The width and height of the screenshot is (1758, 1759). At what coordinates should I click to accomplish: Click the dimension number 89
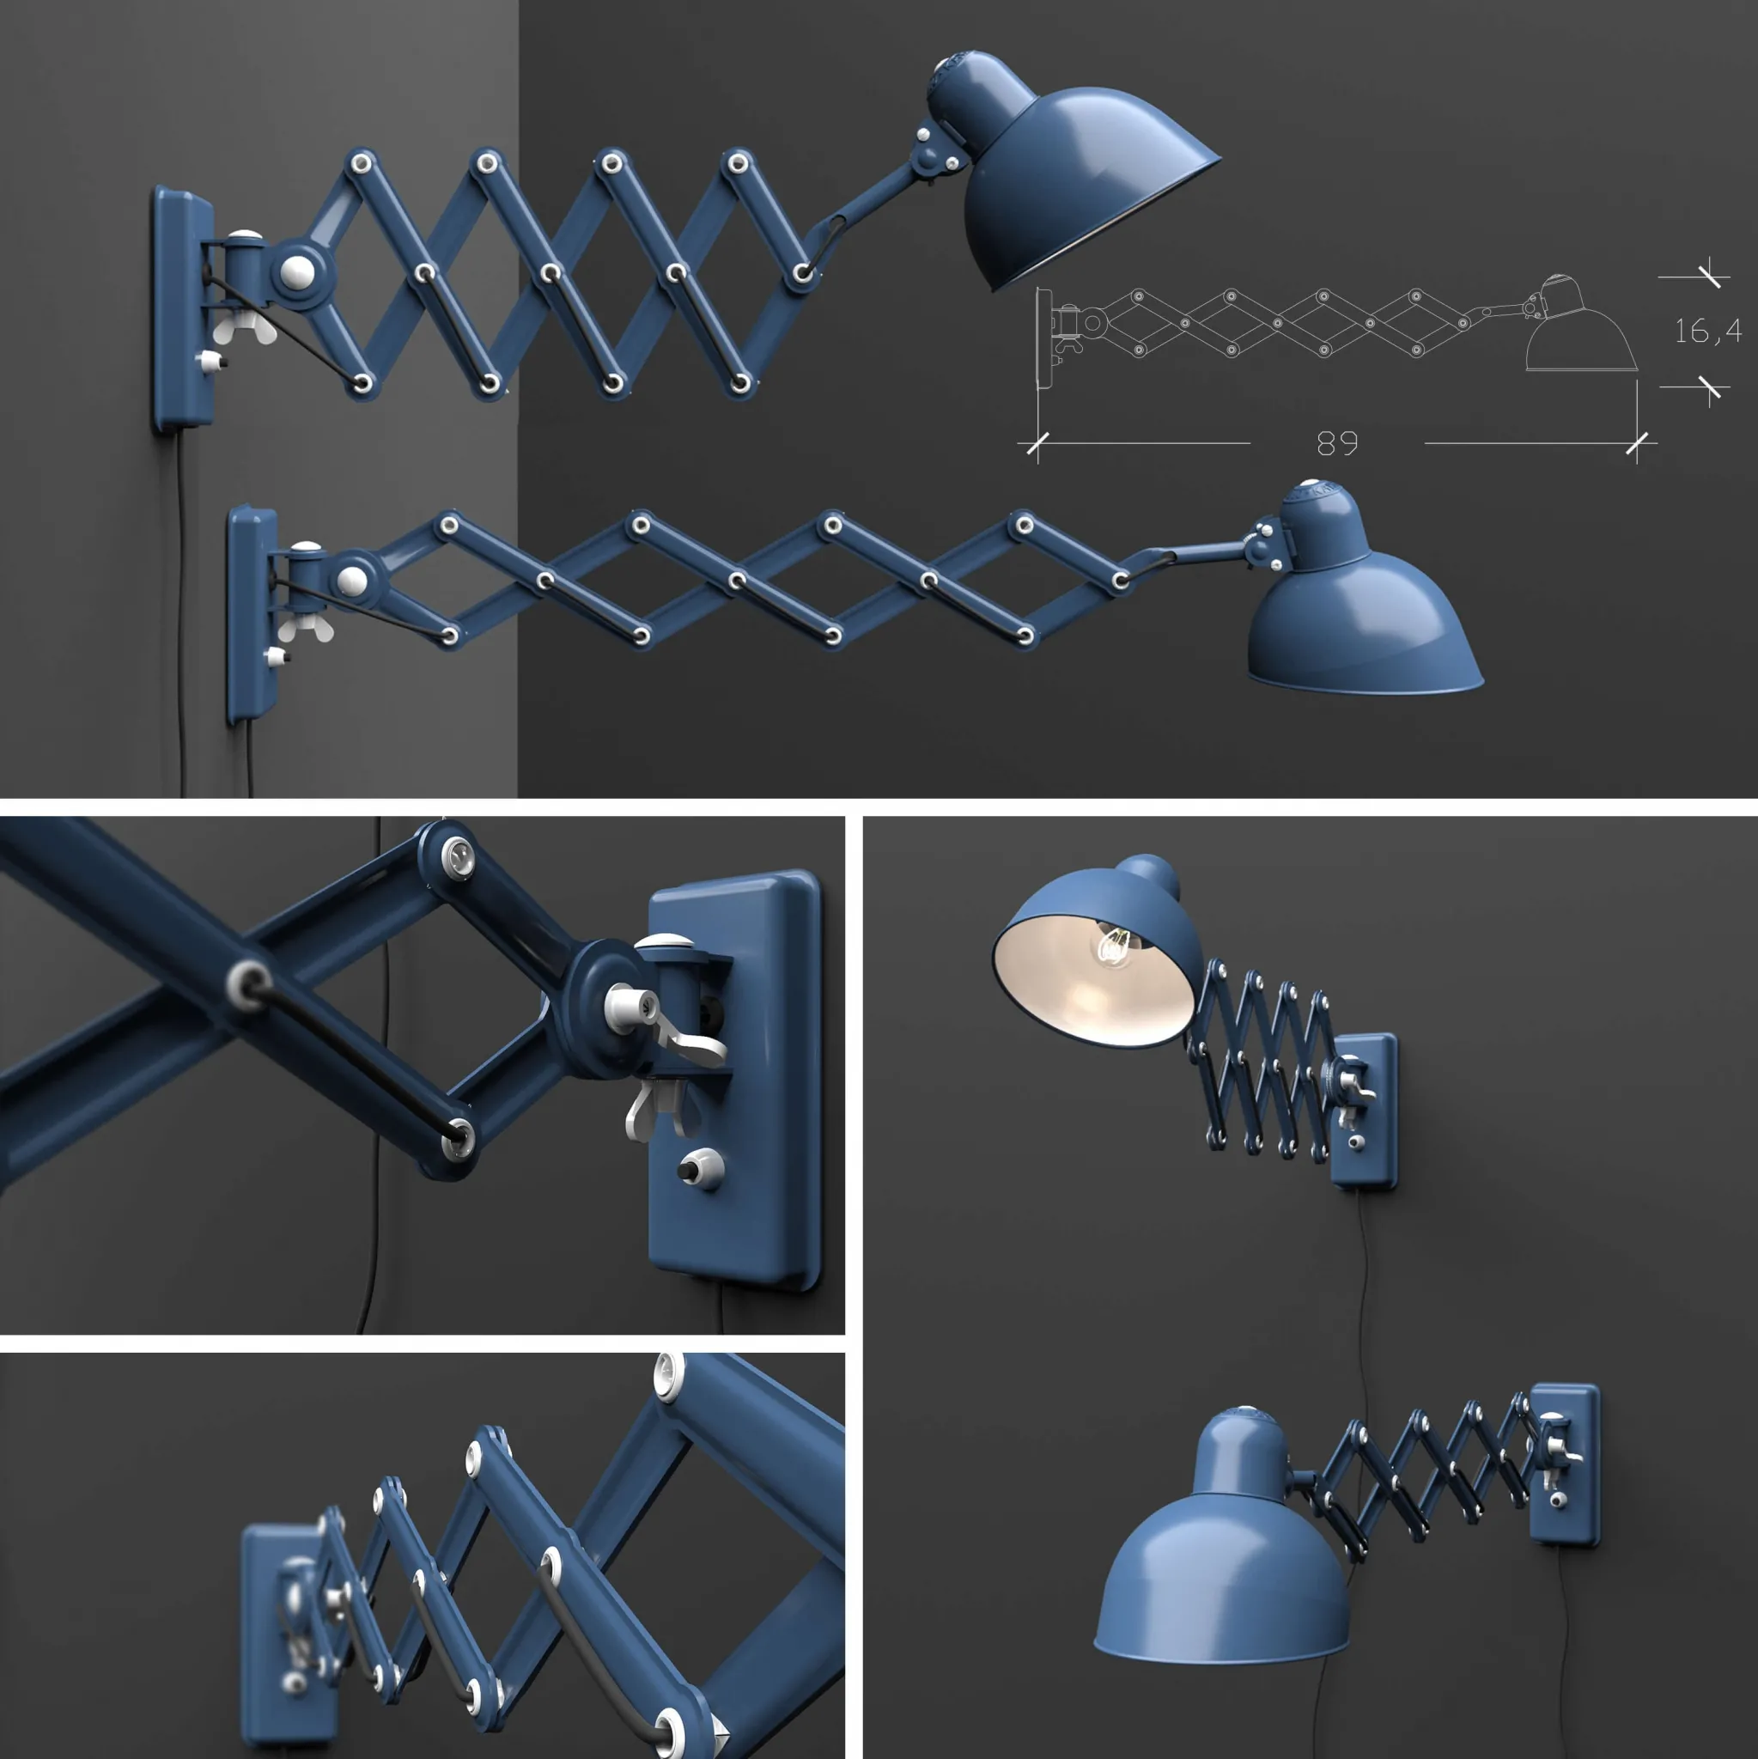coord(1336,443)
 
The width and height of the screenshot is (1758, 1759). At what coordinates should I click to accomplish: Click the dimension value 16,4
coord(1708,332)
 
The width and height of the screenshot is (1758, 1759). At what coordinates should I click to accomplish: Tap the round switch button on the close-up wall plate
coord(699,1167)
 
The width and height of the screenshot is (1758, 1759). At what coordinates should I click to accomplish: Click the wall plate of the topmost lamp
coord(180,309)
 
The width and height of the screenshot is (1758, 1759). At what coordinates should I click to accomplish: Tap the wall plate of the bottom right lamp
coord(1564,1466)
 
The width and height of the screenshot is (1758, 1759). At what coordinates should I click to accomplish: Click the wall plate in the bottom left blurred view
coord(273,1639)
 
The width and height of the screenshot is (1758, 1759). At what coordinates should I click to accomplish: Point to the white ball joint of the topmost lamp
coord(297,271)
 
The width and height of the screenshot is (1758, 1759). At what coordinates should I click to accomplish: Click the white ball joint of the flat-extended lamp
coord(351,580)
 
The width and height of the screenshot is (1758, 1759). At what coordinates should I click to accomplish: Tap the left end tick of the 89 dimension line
coord(1037,444)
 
